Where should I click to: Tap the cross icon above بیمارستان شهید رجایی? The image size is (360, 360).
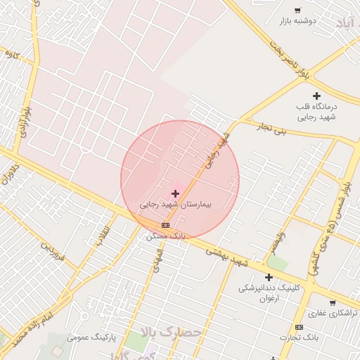pos(175,193)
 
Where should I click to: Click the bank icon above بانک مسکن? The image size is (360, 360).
pos(165,225)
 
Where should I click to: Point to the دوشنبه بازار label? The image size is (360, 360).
pos(298,21)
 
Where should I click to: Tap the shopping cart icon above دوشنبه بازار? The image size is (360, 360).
pos(298,11)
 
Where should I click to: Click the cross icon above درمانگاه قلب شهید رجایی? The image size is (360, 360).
pos(316,96)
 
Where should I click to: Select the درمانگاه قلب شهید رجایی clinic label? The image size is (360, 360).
pos(316,112)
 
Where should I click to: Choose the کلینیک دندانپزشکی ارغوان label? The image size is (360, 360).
pos(269,293)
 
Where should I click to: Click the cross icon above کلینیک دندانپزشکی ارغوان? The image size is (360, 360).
pos(269,278)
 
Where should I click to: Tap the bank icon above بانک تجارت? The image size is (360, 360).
pos(299,328)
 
